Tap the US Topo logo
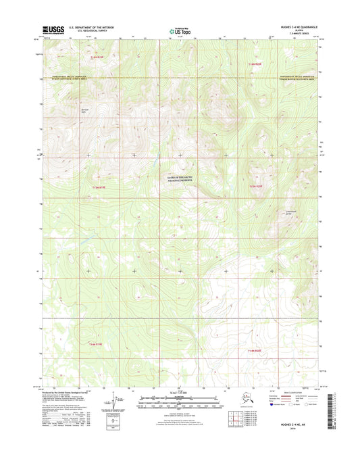pyautogui.click(x=179, y=30)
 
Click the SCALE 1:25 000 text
pyautogui.click(x=179, y=393)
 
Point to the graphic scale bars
pyautogui.click(x=179, y=403)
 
